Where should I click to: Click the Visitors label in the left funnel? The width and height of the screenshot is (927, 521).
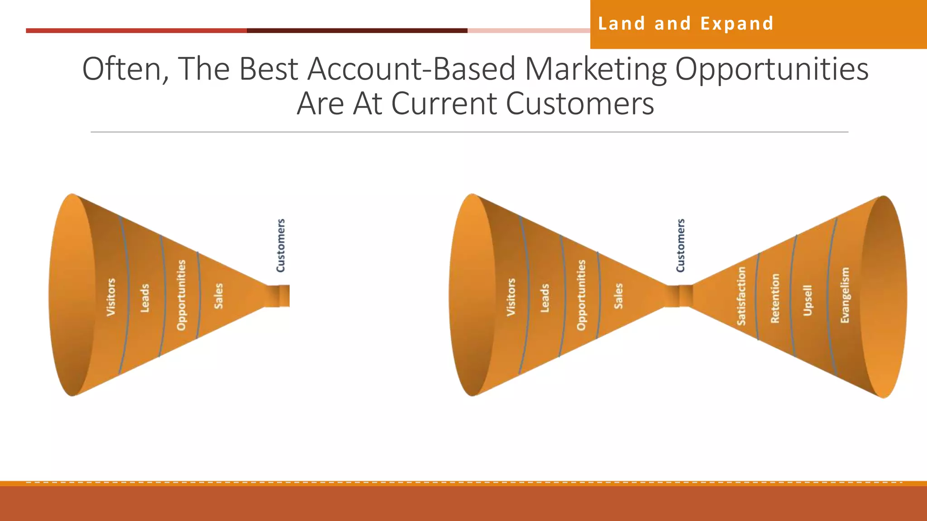click(111, 297)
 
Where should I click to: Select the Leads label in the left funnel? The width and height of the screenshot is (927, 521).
click(145, 298)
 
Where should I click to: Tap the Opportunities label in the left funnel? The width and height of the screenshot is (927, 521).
click(182, 295)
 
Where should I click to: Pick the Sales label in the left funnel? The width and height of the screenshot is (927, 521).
click(219, 296)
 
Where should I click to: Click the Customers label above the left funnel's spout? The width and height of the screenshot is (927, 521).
click(281, 246)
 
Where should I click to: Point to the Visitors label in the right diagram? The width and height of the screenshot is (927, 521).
click(511, 297)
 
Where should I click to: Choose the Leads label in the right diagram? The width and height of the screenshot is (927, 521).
click(545, 298)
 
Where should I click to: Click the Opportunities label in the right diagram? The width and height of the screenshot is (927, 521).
click(582, 295)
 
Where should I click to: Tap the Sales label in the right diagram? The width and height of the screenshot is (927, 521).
click(619, 296)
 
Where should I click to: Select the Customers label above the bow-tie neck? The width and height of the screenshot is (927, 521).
click(680, 246)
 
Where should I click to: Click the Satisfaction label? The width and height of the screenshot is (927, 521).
click(741, 296)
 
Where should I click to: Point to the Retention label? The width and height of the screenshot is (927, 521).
click(775, 298)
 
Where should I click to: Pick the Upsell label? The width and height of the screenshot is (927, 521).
click(808, 300)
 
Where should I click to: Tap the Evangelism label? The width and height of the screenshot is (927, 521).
click(845, 295)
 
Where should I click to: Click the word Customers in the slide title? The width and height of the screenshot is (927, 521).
click(580, 104)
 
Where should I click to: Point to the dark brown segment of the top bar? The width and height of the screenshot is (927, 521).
click(357, 31)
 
